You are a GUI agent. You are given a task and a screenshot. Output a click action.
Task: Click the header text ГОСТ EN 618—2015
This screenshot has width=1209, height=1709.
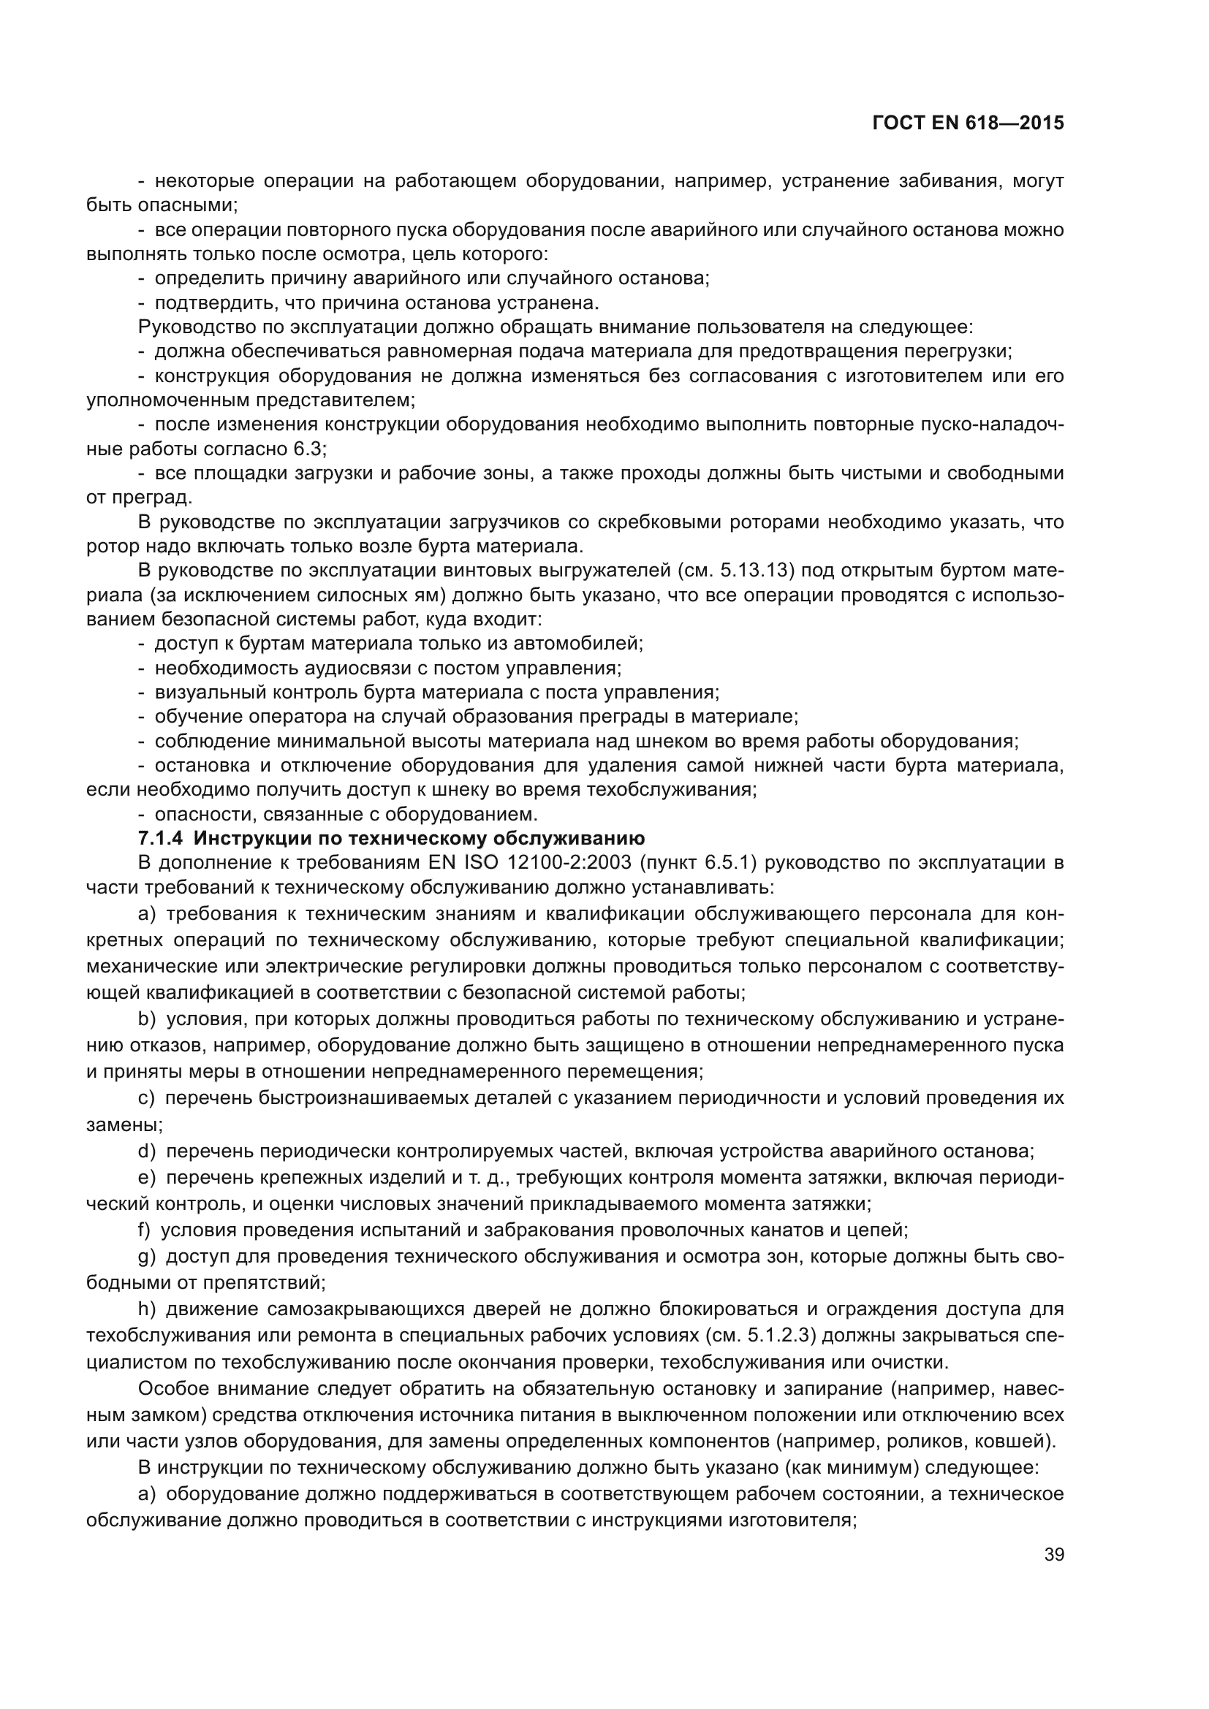tap(968, 123)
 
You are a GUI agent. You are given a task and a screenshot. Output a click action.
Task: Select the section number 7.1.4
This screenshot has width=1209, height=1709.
tap(160, 838)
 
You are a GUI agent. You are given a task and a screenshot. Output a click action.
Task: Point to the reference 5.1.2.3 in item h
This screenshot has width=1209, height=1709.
tap(782, 1336)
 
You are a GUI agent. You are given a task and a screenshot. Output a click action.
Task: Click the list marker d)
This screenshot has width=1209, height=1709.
tap(148, 1152)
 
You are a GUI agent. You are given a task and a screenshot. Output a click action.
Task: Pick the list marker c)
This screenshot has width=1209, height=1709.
tap(147, 1098)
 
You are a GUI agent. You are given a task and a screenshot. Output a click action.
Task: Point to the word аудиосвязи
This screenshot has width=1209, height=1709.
tap(312, 668)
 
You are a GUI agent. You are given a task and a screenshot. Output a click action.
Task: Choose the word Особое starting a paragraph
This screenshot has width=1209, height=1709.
tap(173, 1389)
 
